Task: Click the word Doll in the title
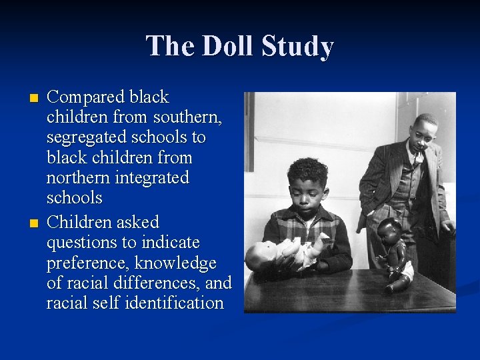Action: tap(227, 47)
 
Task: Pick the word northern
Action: tap(75, 178)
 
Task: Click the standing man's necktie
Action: tap(415, 159)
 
